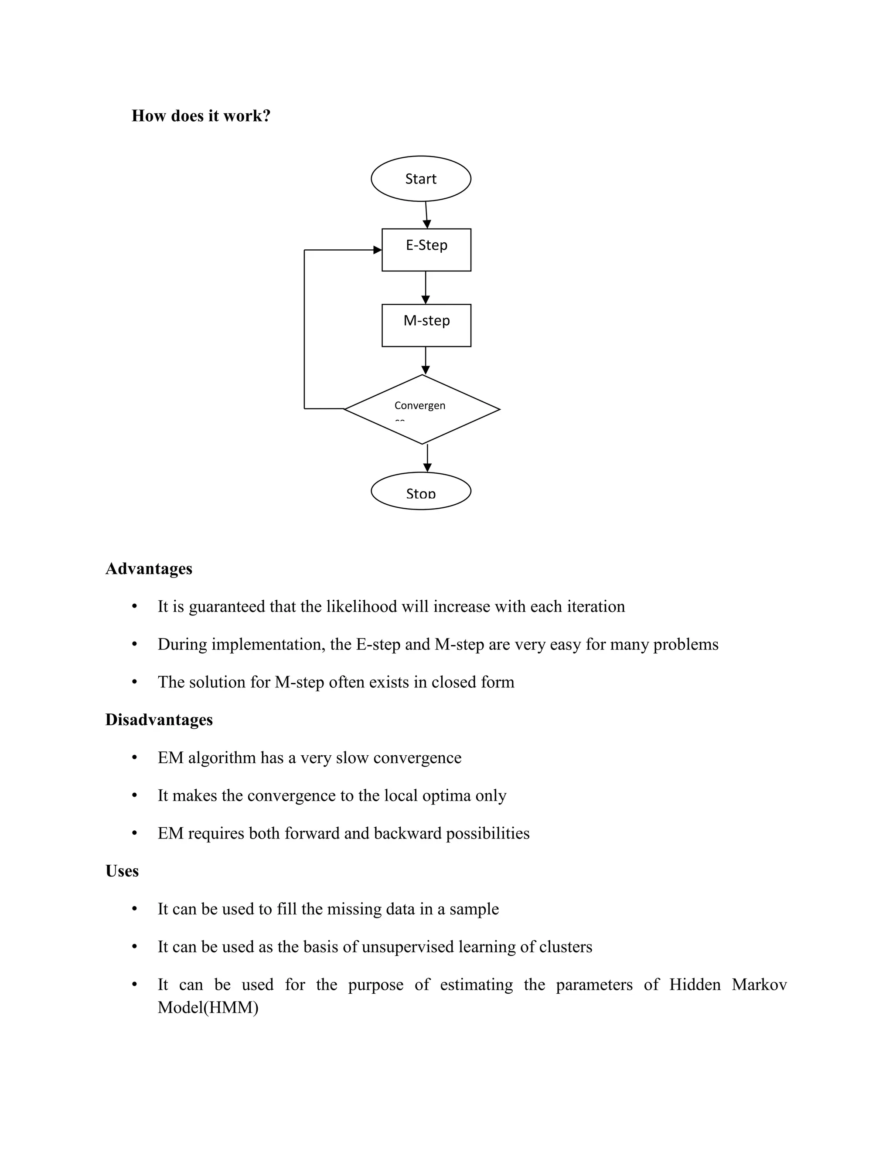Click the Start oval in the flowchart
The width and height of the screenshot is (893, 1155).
pyautogui.click(x=421, y=179)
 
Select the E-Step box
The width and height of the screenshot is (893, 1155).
pyautogui.click(x=426, y=250)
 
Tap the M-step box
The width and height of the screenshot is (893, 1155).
pyautogui.click(x=426, y=325)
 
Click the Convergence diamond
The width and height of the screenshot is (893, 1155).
pyautogui.click(x=422, y=409)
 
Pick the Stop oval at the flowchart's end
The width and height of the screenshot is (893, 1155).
pyautogui.click(x=421, y=491)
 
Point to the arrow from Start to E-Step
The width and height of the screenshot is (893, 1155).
pyautogui.click(x=426, y=215)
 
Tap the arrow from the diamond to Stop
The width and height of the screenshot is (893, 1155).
pyautogui.click(x=427, y=458)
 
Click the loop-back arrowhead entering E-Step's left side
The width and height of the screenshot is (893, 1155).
pyautogui.click(x=377, y=250)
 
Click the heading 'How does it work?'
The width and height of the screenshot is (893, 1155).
pyautogui.click(x=201, y=116)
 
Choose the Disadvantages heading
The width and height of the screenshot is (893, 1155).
pyautogui.click(x=159, y=720)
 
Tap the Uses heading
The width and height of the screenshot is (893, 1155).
pyautogui.click(x=122, y=871)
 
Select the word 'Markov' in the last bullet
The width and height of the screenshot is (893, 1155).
pyautogui.click(x=759, y=985)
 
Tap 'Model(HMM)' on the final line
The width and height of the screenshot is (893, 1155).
pyautogui.click(x=208, y=1007)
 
